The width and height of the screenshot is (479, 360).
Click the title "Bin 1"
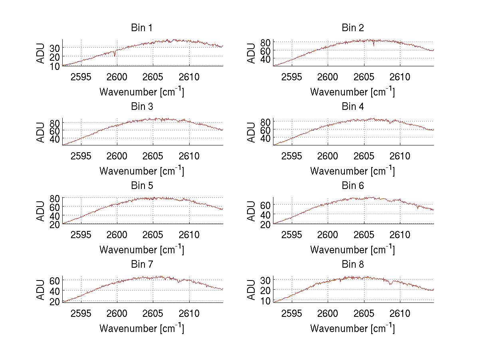tap(142, 28)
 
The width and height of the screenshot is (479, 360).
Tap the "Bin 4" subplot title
tap(352, 107)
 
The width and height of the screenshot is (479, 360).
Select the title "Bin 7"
tap(142, 265)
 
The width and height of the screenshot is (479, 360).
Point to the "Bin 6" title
tap(352, 186)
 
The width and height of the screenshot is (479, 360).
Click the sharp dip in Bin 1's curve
tap(115, 55)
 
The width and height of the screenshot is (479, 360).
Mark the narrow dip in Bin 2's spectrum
tap(374, 45)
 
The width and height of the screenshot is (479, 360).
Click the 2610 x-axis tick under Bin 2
tap(400, 77)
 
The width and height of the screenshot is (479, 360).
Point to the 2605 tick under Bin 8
tap(364, 313)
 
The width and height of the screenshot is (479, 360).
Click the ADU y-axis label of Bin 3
tap(41, 132)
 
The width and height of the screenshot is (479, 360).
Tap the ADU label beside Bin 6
tap(252, 211)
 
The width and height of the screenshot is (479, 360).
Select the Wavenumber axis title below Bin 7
tap(142, 328)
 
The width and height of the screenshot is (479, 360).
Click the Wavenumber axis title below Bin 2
tap(352, 92)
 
